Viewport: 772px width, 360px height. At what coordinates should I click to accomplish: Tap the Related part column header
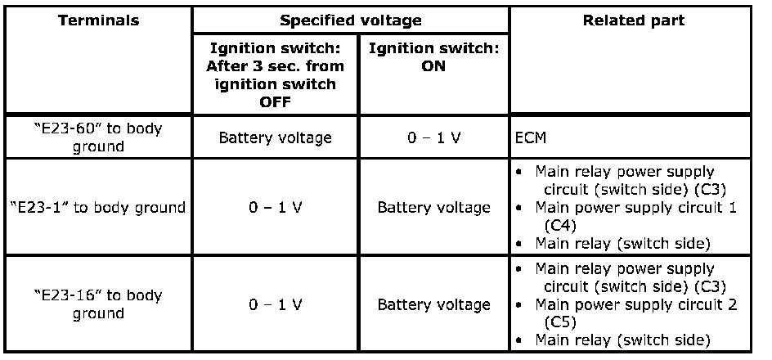(x=633, y=20)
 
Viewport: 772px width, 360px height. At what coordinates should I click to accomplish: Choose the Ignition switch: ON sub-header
(x=433, y=57)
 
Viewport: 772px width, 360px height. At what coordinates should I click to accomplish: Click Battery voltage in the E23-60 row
(x=275, y=137)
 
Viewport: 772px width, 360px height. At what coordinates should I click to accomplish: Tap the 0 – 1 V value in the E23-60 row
(x=433, y=137)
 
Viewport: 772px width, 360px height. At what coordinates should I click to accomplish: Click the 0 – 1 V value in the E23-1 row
(x=275, y=208)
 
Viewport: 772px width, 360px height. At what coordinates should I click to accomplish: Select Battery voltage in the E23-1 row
(x=433, y=208)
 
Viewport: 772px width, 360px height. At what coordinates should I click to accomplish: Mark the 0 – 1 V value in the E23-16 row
(x=275, y=304)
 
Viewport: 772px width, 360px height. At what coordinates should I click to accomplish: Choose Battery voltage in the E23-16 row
(x=433, y=304)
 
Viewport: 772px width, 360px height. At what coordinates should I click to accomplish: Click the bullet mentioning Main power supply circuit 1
(x=635, y=208)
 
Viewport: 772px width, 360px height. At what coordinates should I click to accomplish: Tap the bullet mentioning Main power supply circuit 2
(x=635, y=304)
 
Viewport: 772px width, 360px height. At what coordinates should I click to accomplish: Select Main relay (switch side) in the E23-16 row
(x=622, y=340)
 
